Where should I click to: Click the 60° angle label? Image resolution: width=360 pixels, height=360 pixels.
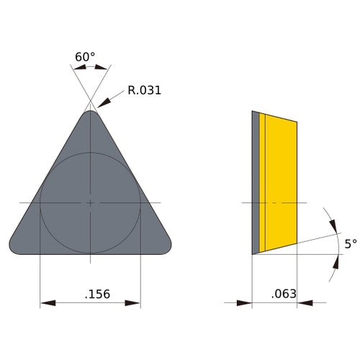pos(85,56)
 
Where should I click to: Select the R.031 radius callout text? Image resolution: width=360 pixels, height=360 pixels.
pos(144,91)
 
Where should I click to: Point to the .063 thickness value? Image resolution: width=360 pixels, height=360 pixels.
pos(284,294)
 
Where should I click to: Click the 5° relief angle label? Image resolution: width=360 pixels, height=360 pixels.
pos(350,244)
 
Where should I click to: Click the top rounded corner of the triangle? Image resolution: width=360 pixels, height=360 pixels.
pos(90,113)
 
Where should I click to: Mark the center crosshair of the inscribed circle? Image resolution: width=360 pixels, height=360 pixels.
pos(90,203)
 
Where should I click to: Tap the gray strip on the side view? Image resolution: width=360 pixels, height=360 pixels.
pos(255,184)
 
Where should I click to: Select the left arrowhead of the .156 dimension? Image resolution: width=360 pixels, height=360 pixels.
pos(47,303)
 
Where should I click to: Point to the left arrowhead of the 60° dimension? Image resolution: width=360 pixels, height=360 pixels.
pos(78,68)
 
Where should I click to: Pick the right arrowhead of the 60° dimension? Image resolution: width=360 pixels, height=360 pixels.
pos(102,68)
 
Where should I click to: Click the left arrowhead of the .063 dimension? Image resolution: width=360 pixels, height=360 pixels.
pos(246,303)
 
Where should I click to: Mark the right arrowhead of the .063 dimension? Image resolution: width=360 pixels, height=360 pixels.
pos(304,303)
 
